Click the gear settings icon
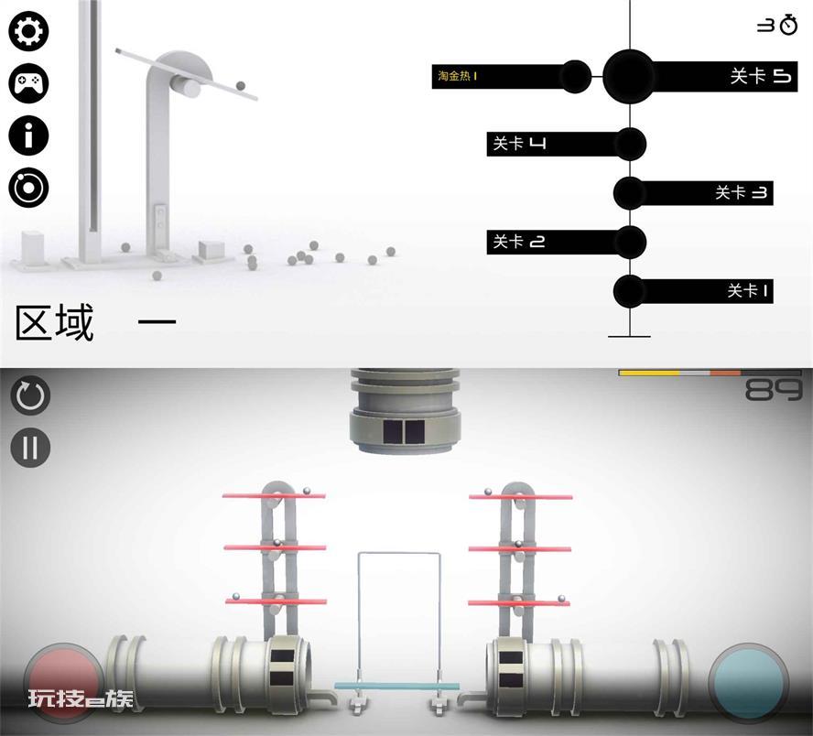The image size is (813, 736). [x=28, y=31]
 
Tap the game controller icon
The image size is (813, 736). [x=28, y=83]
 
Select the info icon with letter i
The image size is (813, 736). [x=28, y=135]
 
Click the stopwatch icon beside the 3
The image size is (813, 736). [x=788, y=25]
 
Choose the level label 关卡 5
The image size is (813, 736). [x=761, y=76]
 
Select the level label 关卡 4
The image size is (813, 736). [x=519, y=143]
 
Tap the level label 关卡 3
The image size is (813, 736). [x=742, y=193]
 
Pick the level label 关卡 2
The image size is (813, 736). [x=519, y=242]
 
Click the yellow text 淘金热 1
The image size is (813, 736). [x=458, y=76]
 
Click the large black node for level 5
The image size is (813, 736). [x=629, y=76]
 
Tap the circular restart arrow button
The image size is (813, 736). [x=30, y=395]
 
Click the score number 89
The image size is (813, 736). [x=773, y=390]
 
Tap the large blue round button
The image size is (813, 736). [x=748, y=682]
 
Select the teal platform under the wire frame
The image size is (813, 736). [x=397, y=686]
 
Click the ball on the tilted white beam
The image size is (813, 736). [x=241, y=85]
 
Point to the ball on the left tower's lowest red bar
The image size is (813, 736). [x=236, y=597]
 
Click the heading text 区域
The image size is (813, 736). [x=55, y=322]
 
